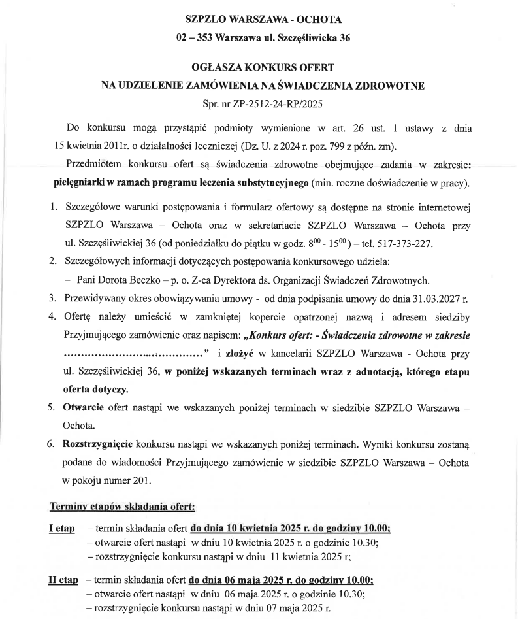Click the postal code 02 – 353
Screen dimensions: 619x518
[x=195, y=38]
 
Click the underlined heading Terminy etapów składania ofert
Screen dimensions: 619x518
[x=123, y=507]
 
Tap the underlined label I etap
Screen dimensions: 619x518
[x=62, y=528]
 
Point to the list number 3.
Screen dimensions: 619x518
[x=53, y=299]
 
